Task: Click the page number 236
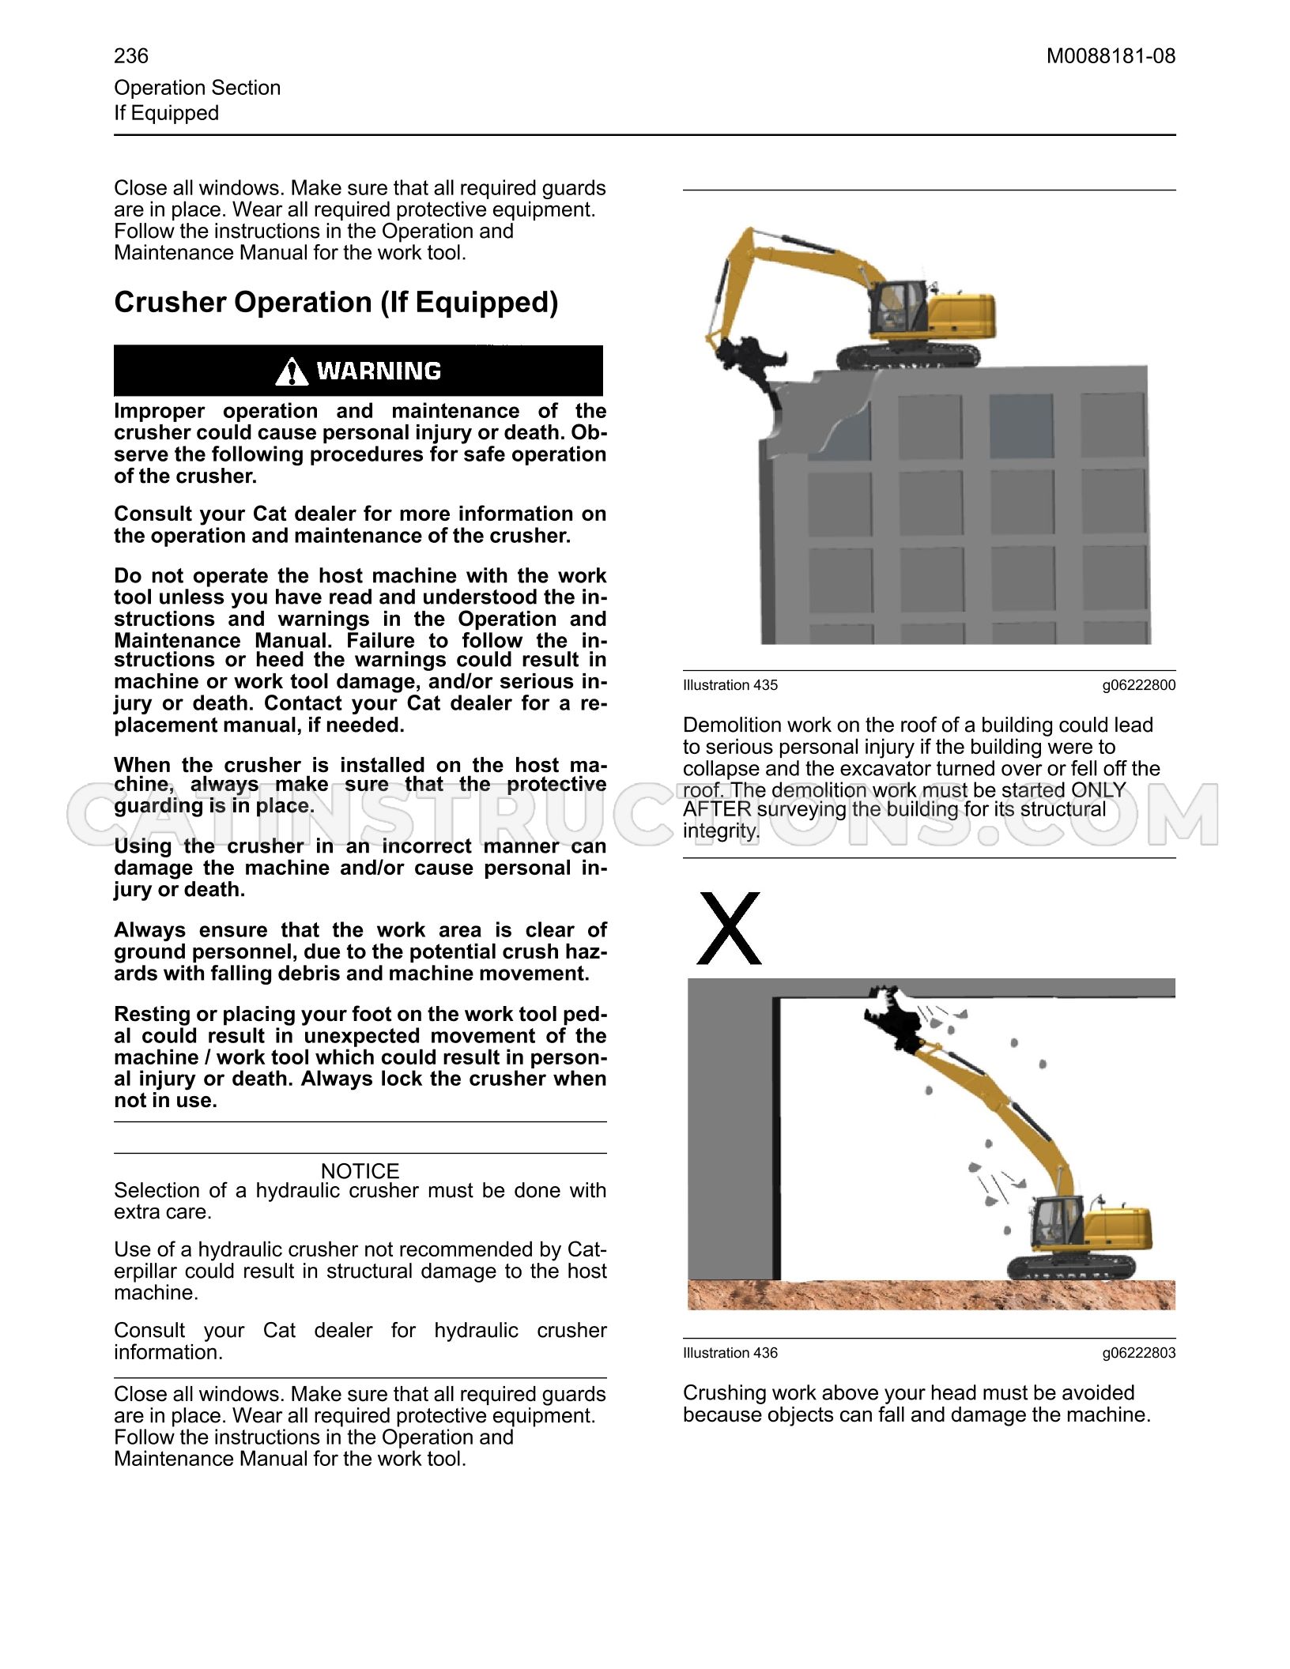tap(131, 56)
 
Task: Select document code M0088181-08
tap(1111, 56)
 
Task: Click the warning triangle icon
tap(292, 371)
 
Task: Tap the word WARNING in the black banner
tap(379, 371)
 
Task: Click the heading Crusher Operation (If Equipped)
tap(336, 303)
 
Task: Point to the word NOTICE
tap(360, 1170)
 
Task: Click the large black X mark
tap(729, 929)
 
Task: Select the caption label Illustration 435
tap(730, 685)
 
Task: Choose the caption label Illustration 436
tap(730, 1353)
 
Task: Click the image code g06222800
tap(1139, 685)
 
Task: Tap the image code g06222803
tap(1139, 1353)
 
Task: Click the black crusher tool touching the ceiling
tap(893, 1019)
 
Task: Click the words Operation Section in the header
tap(198, 88)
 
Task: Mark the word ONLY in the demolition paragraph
tap(1098, 790)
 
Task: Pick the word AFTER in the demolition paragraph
tap(717, 809)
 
